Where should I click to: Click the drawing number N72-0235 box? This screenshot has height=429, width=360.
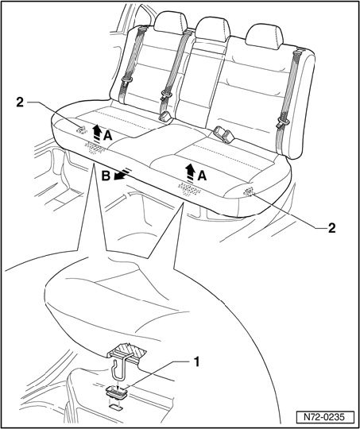click(325, 417)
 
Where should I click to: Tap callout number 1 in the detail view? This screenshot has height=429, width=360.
click(195, 363)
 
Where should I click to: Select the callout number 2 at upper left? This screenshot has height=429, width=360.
click(20, 102)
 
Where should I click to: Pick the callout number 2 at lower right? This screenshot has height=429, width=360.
click(331, 228)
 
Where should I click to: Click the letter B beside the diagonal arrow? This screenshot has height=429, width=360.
click(106, 176)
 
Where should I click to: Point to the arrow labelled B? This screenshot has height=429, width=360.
click(122, 175)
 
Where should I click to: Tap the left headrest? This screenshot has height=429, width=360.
click(170, 21)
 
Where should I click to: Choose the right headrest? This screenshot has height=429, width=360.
click(264, 37)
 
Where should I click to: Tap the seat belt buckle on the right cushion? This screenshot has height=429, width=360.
click(225, 134)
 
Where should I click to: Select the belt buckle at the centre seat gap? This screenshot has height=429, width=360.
click(165, 117)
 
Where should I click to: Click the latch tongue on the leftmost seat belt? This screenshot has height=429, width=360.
click(126, 81)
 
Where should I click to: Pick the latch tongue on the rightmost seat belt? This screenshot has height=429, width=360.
click(284, 122)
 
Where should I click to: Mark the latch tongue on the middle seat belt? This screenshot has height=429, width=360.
click(166, 95)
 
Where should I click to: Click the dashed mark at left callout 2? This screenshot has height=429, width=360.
click(82, 129)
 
